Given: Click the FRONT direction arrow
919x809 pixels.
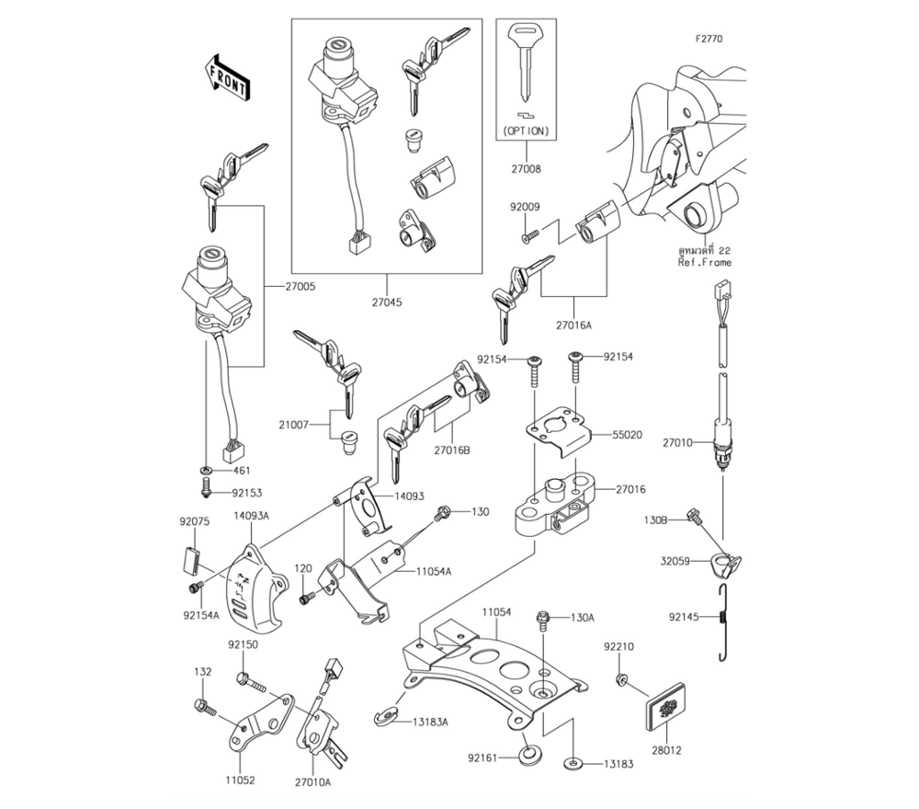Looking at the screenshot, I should coord(225,76).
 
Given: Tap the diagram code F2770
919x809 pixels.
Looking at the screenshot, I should coord(709,40).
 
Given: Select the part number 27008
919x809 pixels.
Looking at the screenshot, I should coord(527,169).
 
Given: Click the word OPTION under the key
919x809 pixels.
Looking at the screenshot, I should coord(527,131).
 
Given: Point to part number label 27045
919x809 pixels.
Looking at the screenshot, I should coord(386,302).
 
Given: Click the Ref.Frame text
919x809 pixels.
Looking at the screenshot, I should coord(705,263).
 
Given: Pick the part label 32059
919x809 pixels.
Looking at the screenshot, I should coord(675,558).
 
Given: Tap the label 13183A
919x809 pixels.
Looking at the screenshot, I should coord(430,722).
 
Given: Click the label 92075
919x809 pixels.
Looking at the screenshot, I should coord(196,521).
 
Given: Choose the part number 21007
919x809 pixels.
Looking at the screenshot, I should coord(294,425).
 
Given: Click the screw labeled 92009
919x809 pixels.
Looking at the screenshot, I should coord(527,238).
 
